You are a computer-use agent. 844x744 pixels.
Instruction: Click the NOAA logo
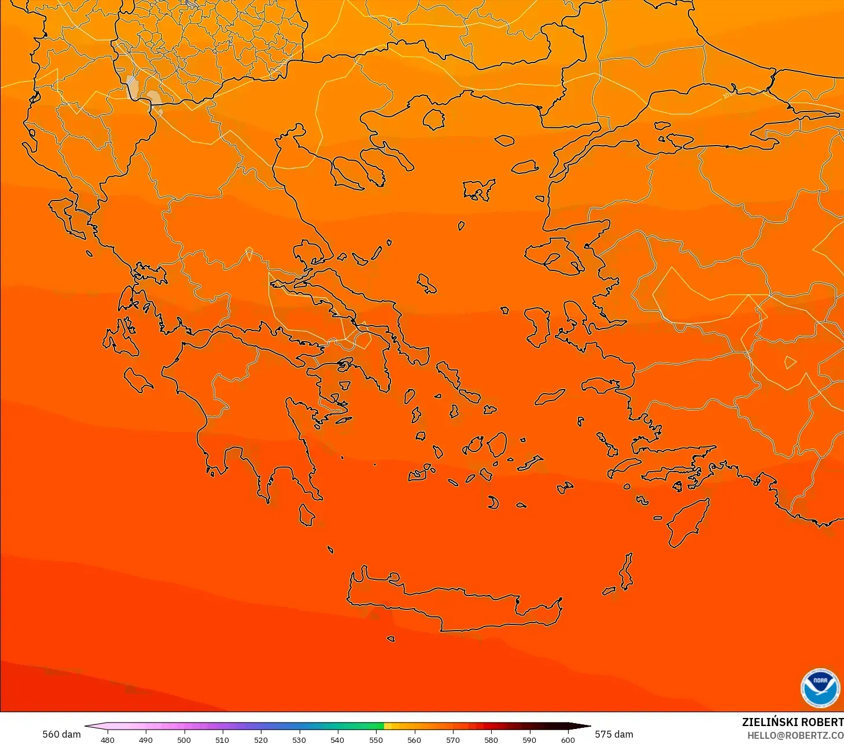820,688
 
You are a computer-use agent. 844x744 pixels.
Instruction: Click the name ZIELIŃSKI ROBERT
792,723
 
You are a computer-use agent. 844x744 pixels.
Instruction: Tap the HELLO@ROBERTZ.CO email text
795,735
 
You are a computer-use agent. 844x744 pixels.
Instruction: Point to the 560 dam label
61,734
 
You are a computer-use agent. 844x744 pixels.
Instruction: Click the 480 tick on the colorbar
108,739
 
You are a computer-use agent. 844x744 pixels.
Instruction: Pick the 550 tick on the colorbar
376,739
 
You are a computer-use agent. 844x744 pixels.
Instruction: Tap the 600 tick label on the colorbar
567,739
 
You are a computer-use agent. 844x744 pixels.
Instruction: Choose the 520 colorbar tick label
261,739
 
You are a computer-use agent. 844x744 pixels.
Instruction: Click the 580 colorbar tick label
491,739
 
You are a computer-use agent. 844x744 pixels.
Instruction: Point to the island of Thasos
433,120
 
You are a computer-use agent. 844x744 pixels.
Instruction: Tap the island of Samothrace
504,140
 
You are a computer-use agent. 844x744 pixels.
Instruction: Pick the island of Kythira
307,514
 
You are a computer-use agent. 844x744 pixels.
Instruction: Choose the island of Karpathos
626,571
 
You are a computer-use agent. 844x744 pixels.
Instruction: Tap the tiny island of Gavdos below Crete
390,639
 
